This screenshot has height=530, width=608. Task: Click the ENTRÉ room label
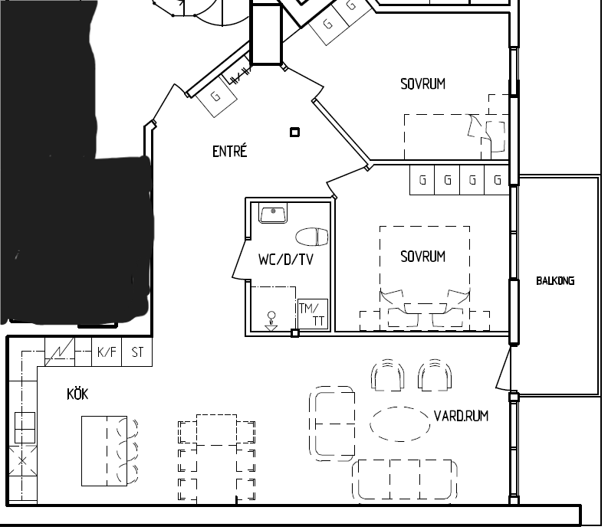tap(229, 151)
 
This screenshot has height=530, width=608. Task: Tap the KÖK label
tap(77, 394)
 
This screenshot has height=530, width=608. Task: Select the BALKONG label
tap(555, 280)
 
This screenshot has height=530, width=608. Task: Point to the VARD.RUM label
tap(461, 416)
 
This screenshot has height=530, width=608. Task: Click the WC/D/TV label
tap(286, 259)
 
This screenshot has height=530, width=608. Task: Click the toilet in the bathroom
tap(312, 237)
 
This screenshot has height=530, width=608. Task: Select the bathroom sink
tap(273, 213)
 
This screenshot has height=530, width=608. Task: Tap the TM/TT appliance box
tap(313, 314)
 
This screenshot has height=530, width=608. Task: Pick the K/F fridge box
tap(107, 352)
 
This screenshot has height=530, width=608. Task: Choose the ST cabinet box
tap(137, 352)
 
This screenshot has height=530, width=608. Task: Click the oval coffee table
tap(399, 424)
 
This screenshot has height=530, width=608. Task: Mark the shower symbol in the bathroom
tap(271, 322)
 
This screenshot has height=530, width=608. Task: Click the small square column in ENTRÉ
tap(294, 132)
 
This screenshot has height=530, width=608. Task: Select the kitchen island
tap(104, 451)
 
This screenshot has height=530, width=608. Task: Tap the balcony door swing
tap(504, 368)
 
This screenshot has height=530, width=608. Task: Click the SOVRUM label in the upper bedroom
tap(422, 83)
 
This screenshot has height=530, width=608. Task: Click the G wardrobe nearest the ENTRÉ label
tap(216, 96)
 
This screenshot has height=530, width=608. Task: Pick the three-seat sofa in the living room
tap(404, 481)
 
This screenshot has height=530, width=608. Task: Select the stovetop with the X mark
tap(22, 461)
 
